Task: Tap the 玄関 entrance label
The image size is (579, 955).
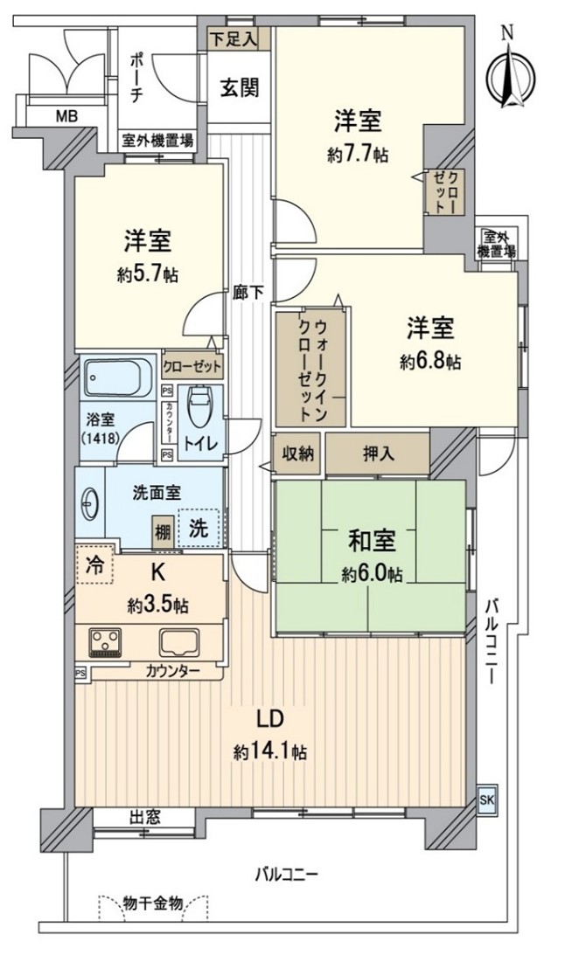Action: [239, 87]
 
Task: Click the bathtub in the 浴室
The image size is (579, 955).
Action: [117, 377]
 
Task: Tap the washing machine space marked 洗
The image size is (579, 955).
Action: [199, 528]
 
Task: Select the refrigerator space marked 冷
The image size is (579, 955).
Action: [94, 564]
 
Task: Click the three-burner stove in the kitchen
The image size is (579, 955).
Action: [106, 642]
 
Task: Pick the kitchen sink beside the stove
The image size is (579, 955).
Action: [180, 642]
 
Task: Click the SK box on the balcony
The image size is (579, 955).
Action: [486, 799]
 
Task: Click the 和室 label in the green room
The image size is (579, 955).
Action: [372, 541]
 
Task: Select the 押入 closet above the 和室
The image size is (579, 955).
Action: [378, 453]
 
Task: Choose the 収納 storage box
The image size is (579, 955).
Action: [297, 453]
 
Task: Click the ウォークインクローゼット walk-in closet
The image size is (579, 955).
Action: [310, 369]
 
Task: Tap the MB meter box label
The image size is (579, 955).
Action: [66, 115]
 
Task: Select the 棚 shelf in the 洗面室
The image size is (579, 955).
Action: [162, 532]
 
